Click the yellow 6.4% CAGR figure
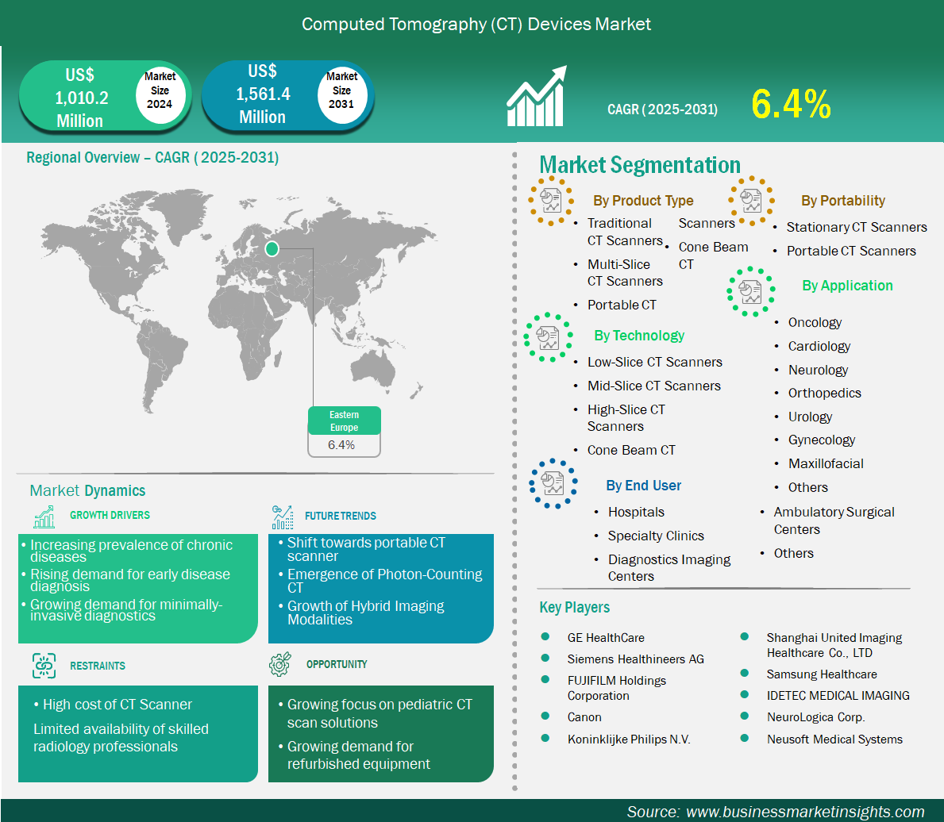[791, 104]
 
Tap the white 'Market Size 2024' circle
[160, 91]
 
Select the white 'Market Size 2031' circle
[342, 91]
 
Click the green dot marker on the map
[272, 248]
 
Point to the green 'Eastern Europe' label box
[345, 421]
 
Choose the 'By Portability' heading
[843, 201]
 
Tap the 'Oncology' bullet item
[815, 323]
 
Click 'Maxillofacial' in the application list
[826, 463]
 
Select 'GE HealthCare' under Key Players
[606, 637]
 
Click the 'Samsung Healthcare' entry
[822, 674]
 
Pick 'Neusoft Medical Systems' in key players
[834, 739]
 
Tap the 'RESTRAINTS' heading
[98, 666]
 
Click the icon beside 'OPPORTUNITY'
[280, 664]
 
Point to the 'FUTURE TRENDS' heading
[340, 516]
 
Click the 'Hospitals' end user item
[636, 512]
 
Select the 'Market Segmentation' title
[639, 165]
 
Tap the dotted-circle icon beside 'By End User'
[553, 484]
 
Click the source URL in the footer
[805, 812]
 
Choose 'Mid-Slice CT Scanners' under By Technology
[654, 386]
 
